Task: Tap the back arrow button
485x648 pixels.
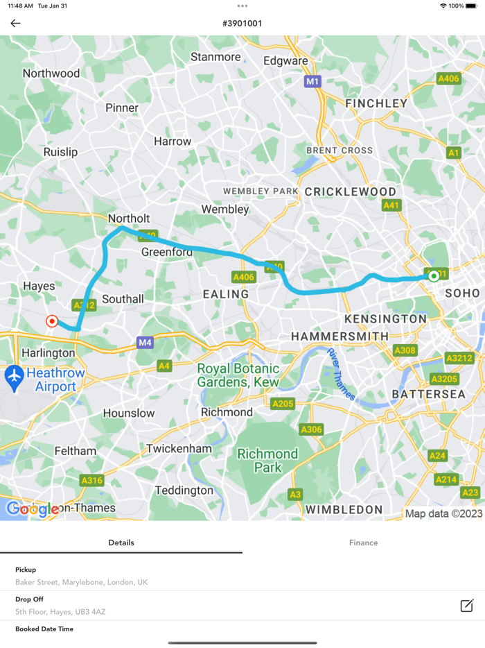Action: (x=15, y=24)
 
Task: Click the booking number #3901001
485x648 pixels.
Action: (x=242, y=24)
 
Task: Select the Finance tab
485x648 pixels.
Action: (x=363, y=543)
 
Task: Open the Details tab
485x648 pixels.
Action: (x=121, y=543)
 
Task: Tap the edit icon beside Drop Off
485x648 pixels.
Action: (x=467, y=605)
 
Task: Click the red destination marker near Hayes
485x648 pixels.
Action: (x=51, y=321)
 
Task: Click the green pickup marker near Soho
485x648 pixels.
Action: (x=434, y=276)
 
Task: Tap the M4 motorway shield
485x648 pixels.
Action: (x=145, y=342)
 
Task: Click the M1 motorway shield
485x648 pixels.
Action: (x=313, y=82)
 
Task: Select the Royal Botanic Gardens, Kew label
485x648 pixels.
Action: (x=238, y=375)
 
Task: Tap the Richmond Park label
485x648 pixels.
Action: (x=267, y=461)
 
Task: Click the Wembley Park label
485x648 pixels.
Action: (x=261, y=191)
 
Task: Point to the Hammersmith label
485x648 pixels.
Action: (x=339, y=336)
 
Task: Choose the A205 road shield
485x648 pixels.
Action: (x=283, y=404)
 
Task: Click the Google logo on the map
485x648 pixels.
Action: (x=33, y=509)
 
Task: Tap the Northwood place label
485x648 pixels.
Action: (x=51, y=73)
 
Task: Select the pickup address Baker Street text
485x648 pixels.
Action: (x=81, y=582)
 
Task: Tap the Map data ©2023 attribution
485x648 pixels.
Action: (x=443, y=513)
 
